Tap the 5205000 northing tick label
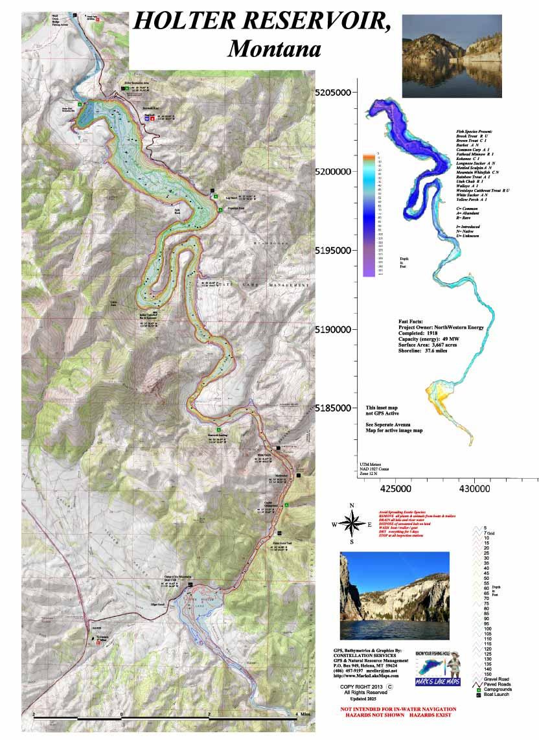coord(337,93)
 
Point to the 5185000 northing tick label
coord(337,408)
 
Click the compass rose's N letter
coord(352,505)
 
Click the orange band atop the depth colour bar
coord(369,156)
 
